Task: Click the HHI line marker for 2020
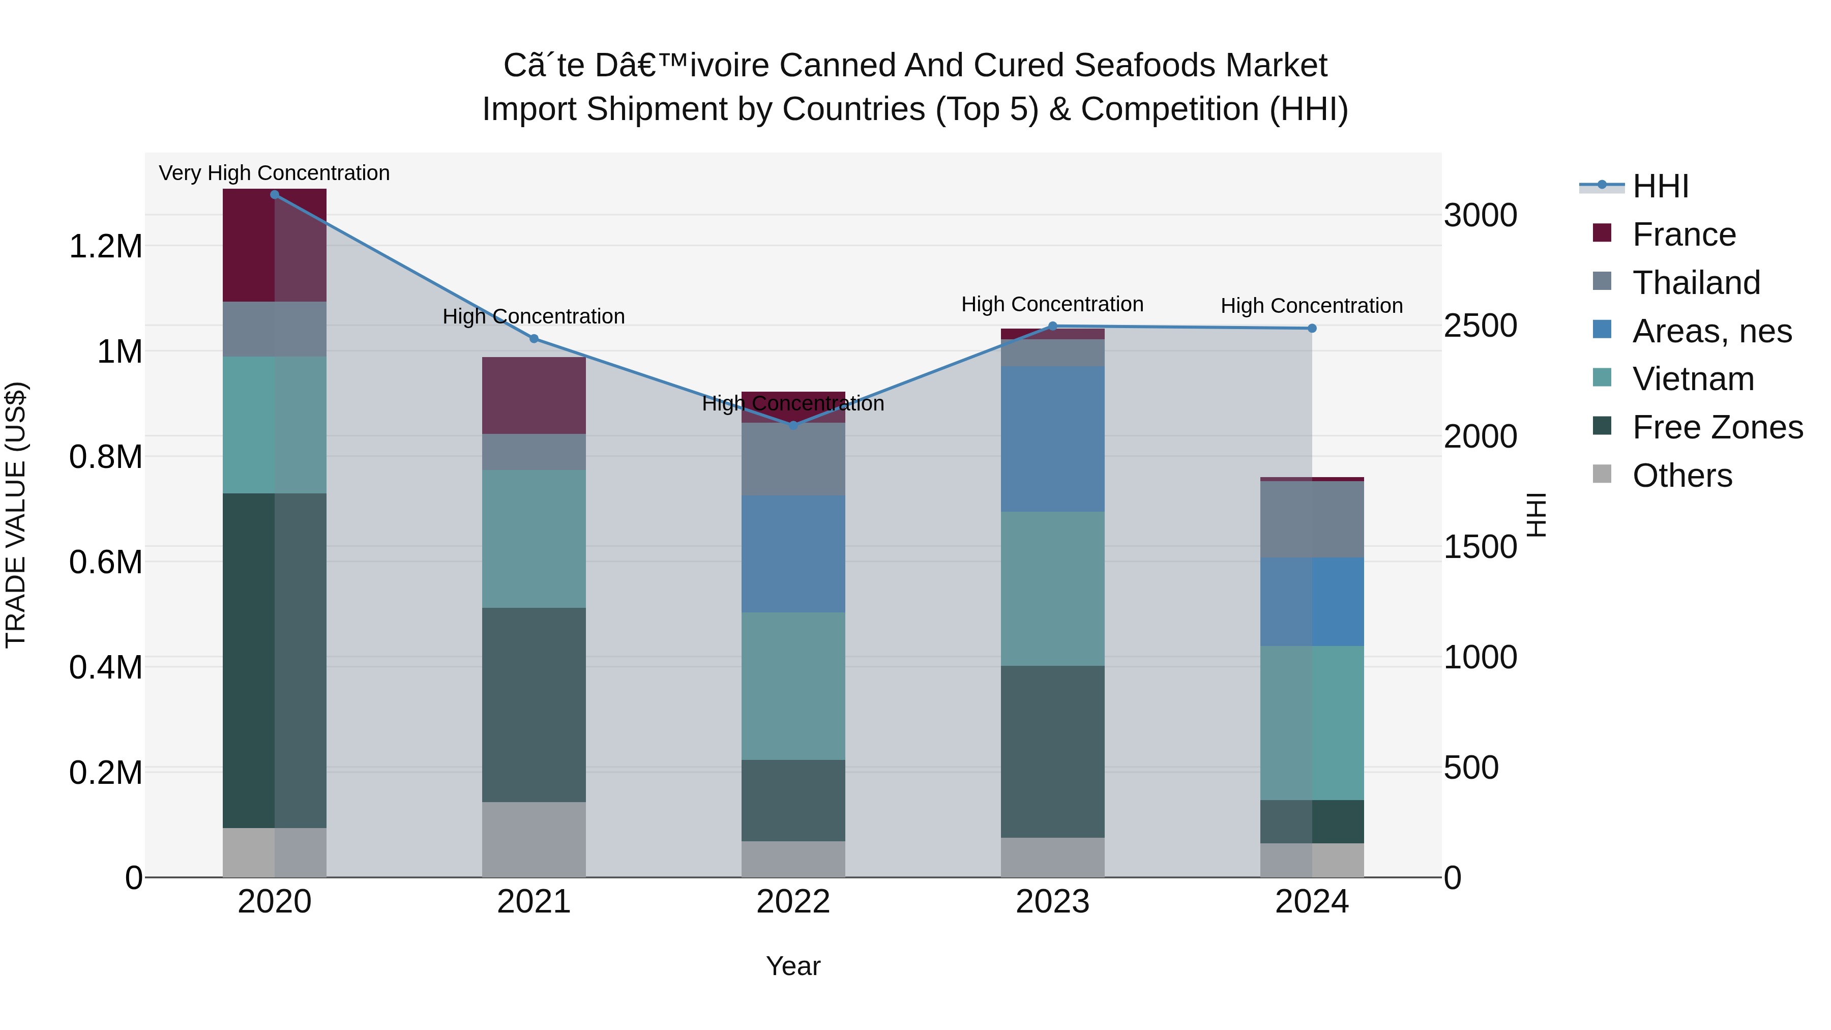[x=274, y=195]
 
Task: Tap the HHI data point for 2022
[x=793, y=425]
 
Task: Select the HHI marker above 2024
[x=1312, y=329]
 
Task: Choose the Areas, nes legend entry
[x=1711, y=331]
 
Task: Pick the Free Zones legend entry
[x=1717, y=427]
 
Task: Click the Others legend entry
[x=1682, y=476]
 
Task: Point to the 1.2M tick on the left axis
[x=105, y=247]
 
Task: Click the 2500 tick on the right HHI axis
[x=1480, y=326]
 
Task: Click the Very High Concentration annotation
[x=274, y=173]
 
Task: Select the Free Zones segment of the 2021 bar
[x=534, y=704]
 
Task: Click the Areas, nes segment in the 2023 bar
[x=1053, y=438]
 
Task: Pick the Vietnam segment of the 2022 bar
[x=793, y=686]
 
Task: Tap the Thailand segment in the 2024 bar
[x=1312, y=519]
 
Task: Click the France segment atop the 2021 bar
[x=534, y=395]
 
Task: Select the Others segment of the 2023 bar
[x=1053, y=857]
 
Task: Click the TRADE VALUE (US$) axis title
[x=16, y=515]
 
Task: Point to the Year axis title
[x=793, y=966]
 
